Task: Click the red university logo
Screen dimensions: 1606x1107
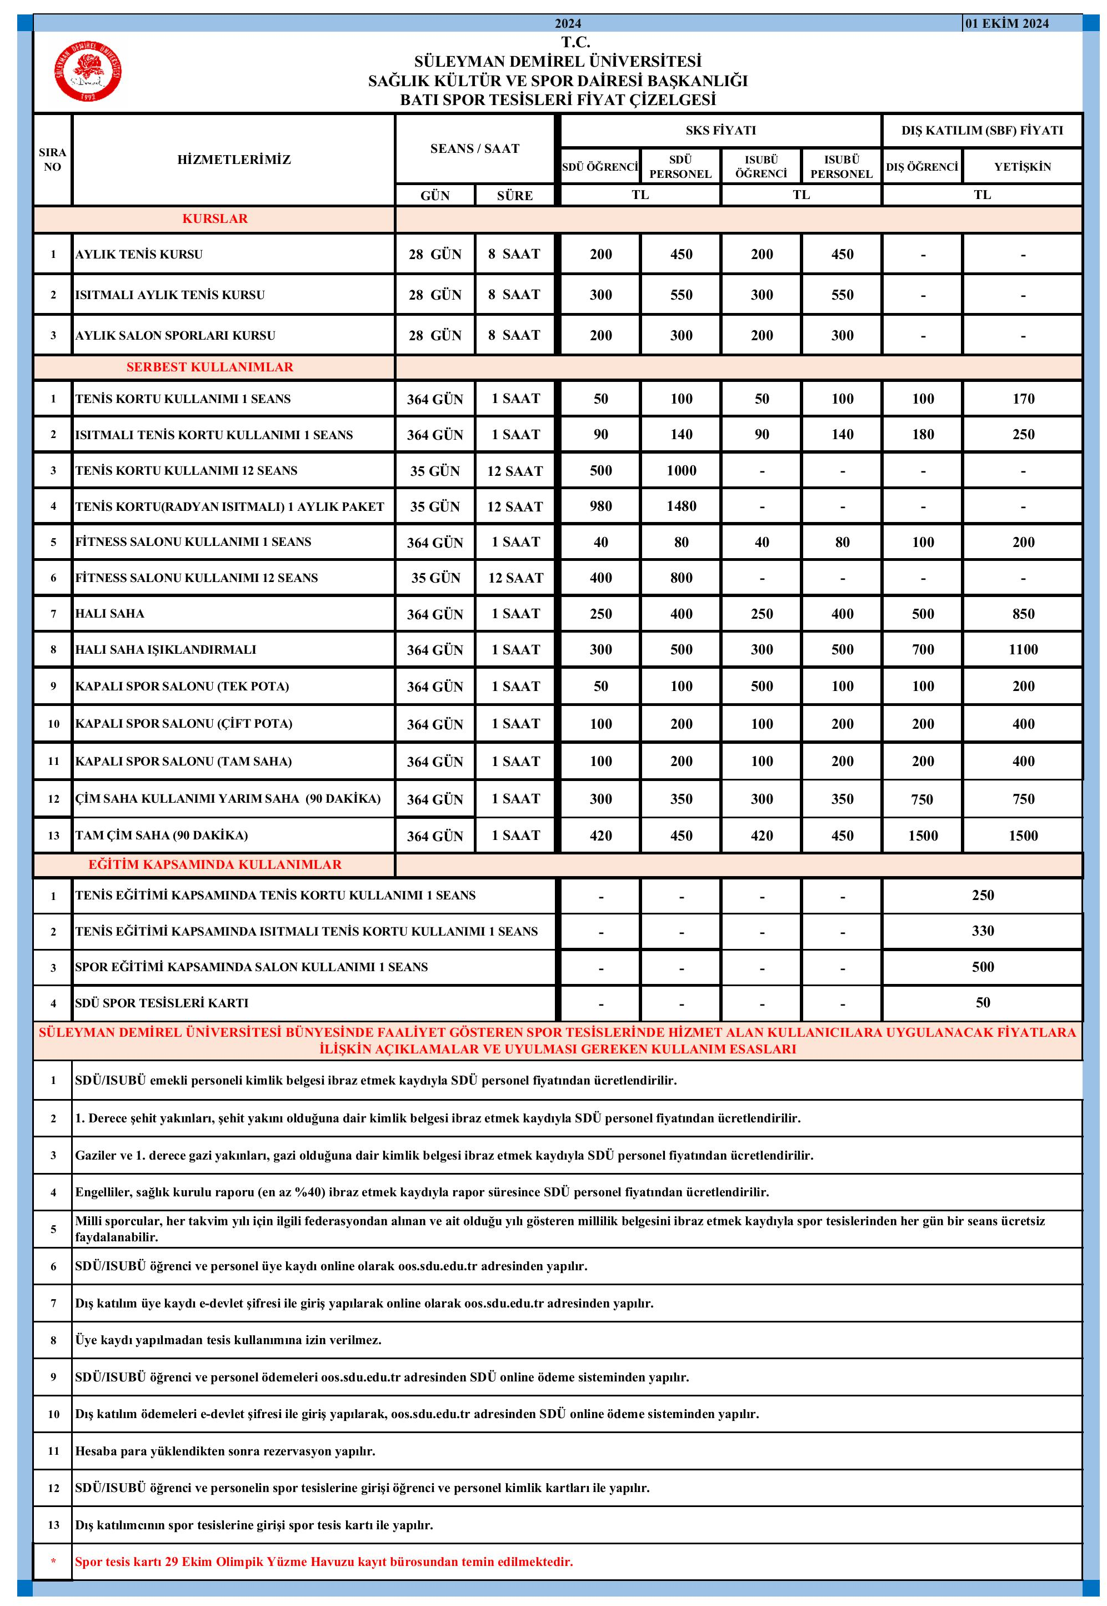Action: tap(88, 72)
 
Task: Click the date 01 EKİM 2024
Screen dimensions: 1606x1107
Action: tap(1006, 23)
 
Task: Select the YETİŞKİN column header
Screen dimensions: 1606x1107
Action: tap(1023, 167)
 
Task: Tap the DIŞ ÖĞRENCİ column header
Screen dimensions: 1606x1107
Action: tap(922, 167)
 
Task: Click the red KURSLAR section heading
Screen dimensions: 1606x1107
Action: tap(214, 218)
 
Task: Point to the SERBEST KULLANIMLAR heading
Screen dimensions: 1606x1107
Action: tap(209, 367)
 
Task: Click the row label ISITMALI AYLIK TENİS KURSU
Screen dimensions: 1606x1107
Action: tap(170, 295)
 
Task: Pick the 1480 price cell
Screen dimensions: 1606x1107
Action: tap(681, 506)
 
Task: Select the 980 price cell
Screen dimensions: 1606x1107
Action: tap(600, 506)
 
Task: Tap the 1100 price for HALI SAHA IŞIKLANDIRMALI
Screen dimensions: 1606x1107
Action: tap(1023, 650)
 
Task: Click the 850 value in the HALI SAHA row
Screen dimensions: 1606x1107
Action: tap(1023, 614)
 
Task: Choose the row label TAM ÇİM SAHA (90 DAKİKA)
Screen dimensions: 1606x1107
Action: tap(162, 835)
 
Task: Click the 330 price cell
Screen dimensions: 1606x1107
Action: tap(982, 931)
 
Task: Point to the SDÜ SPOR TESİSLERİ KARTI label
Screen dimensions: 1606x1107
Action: tap(162, 1003)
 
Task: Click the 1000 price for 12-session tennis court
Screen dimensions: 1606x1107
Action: tap(681, 470)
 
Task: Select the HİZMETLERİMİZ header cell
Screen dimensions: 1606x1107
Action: tap(234, 160)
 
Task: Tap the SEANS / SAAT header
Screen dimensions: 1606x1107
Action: tap(474, 148)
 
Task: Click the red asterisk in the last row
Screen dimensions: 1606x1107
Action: tap(53, 1562)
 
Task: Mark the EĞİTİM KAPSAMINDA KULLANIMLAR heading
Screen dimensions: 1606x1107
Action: tap(214, 865)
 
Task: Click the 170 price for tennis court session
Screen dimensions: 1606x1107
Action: tap(1023, 399)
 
